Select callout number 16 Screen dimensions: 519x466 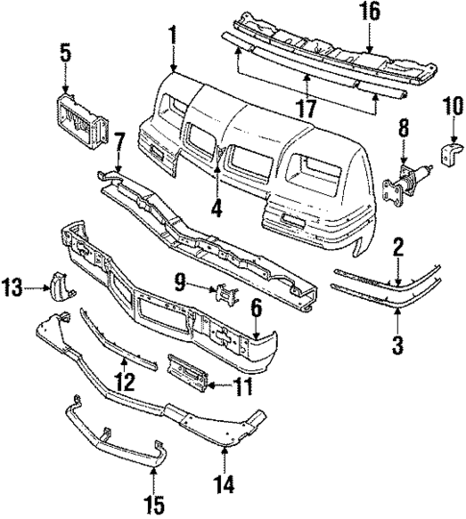point(370,12)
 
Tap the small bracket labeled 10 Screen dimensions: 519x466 point(449,153)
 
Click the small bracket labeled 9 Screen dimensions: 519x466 point(222,295)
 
